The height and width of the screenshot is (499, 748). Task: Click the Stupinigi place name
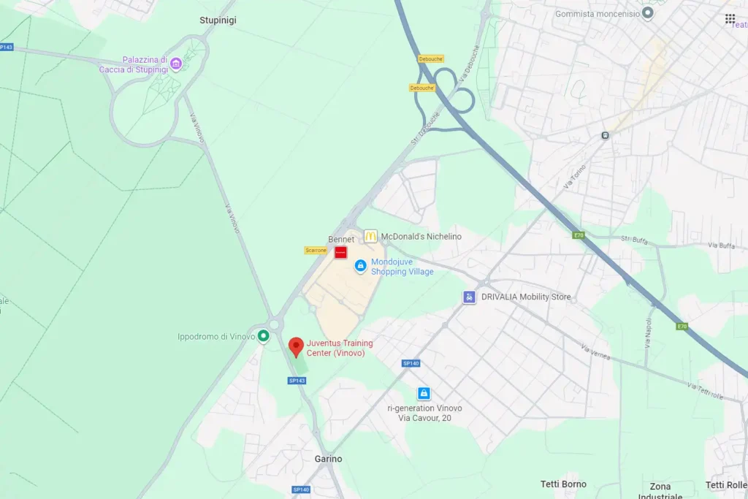point(218,20)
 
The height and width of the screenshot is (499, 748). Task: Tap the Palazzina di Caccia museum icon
point(175,64)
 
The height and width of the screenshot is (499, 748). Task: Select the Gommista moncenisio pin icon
point(647,13)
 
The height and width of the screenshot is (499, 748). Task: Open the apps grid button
point(730,18)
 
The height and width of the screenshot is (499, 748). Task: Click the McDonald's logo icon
point(370,236)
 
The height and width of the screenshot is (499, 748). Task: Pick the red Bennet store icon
point(340,252)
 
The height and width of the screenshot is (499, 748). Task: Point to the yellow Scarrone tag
point(316,251)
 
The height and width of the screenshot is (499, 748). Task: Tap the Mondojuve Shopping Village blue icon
point(360,267)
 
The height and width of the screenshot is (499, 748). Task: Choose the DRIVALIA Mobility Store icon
point(469,297)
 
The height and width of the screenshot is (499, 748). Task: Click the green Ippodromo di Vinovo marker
point(264,336)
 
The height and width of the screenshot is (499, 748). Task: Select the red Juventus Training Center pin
point(296,346)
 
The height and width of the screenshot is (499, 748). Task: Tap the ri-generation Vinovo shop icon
point(424,394)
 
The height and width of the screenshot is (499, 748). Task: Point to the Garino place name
point(328,459)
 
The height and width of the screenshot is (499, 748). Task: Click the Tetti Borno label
point(563,484)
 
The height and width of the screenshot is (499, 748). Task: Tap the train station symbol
point(605,135)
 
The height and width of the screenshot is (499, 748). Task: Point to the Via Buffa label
point(722,245)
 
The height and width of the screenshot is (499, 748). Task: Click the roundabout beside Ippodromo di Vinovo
point(274,324)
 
